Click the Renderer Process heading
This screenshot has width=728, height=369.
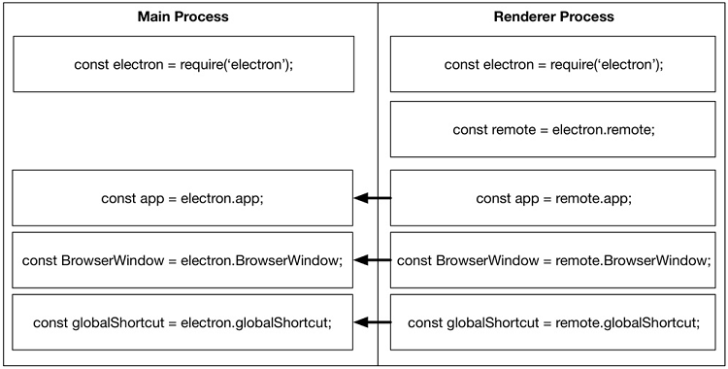click(553, 17)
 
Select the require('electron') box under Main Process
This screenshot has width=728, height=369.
click(182, 65)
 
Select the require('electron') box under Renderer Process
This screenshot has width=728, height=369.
click(553, 65)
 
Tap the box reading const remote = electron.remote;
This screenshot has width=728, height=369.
click(553, 129)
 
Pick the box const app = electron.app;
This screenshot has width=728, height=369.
click(182, 199)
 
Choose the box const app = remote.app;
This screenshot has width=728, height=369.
click(553, 199)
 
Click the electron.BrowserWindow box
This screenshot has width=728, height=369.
click(182, 260)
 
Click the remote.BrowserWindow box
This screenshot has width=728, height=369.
click(553, 260)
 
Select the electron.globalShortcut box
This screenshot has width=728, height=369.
click(182, 321)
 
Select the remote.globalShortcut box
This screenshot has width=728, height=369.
click(553, 321)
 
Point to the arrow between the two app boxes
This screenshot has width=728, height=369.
click(373, 199)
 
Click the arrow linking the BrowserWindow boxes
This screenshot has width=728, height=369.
click(373, 260)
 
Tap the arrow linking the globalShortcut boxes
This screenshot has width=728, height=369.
click(373, 321)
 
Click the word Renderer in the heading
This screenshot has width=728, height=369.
click(523, 17)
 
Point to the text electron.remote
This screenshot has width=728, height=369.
click(604, 129)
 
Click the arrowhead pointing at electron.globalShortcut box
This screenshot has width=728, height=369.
click(362, 321)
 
